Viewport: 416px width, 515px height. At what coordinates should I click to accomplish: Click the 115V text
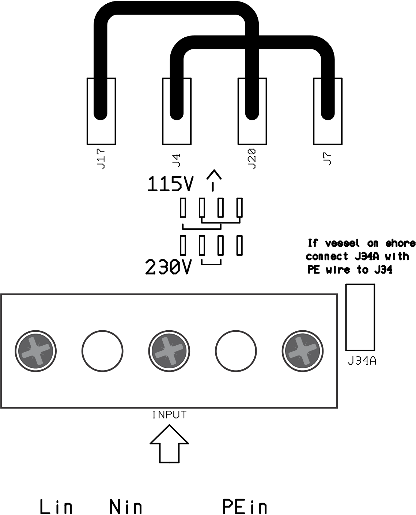pos(170,185)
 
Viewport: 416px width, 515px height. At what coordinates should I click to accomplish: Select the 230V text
pos(168,267)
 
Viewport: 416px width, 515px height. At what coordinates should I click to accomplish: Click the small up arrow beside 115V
pos(214,180)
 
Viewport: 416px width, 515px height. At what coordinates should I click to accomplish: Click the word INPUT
pos(169,415)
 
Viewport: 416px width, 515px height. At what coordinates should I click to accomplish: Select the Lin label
pos(56,507)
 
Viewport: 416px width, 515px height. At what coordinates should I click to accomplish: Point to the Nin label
pos(126,507)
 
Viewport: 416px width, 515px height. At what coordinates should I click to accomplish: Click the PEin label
pos(245,507)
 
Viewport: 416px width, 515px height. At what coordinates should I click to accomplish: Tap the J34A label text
pos(362,361)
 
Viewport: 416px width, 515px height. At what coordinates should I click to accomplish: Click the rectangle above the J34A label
pos(360,317)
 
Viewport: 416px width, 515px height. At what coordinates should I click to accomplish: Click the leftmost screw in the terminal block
pos(35,351)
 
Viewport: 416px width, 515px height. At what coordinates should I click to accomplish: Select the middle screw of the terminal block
pos(169,351)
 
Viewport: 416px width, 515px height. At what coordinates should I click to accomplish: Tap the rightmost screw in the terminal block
pos(302,351)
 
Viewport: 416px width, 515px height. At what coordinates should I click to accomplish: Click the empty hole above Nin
pos(102,351)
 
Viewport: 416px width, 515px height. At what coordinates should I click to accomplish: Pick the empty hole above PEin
pos(236,351)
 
